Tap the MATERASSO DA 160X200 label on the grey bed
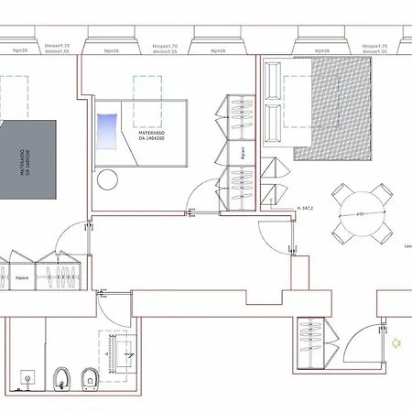point(20,170)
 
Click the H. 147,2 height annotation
point(307,208)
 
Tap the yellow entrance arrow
point(396,343)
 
